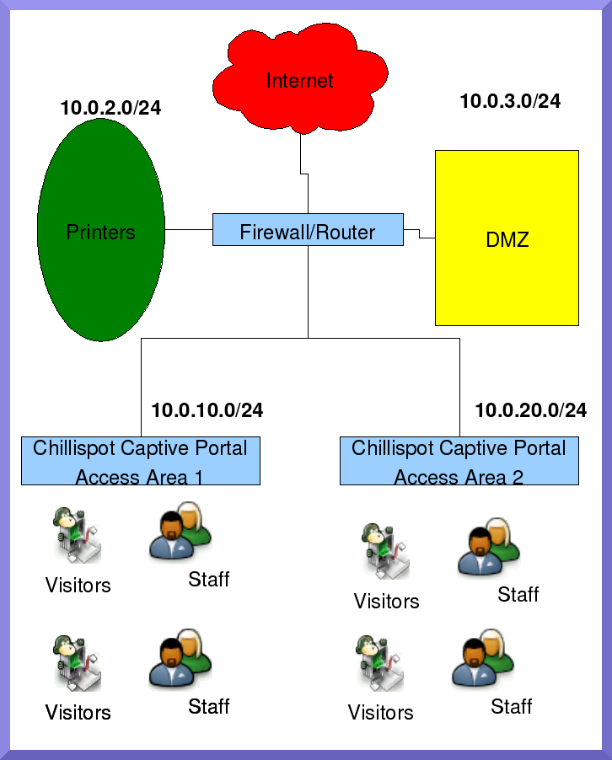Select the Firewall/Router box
point(308,230)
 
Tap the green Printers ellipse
point(101,230)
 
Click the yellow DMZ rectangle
point(507,238)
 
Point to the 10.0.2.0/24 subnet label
point(110,108)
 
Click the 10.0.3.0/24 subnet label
point(510,101)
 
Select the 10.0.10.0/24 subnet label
point(207,410)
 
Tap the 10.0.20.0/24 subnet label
point(531,410)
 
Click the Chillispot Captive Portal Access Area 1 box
point(141,461)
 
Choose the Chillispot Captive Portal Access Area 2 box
point(459,461)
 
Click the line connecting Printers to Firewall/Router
point(189,230)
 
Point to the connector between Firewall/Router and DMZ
point(420,233)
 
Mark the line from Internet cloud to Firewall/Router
point(304,174)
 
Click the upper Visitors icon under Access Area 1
point(77,535)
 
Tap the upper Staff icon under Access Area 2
point(489,548)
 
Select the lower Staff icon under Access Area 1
point(180,659)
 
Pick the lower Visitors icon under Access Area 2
point(379,662)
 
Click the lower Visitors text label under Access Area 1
point(78,713)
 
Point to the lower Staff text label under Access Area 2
point(511,706)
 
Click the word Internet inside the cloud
point(300,80)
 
